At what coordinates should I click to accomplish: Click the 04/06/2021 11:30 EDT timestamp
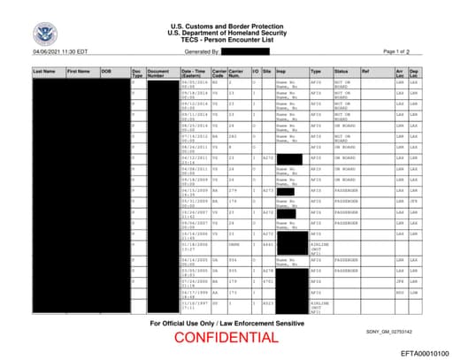(x=56, y=52)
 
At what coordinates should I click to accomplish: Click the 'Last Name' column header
(x=43, y=70)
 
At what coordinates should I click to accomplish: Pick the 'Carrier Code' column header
(x=218, y=73)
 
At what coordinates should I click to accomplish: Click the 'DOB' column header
(x=106, y=70)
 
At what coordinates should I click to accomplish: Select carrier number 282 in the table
(x=234, y=137)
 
